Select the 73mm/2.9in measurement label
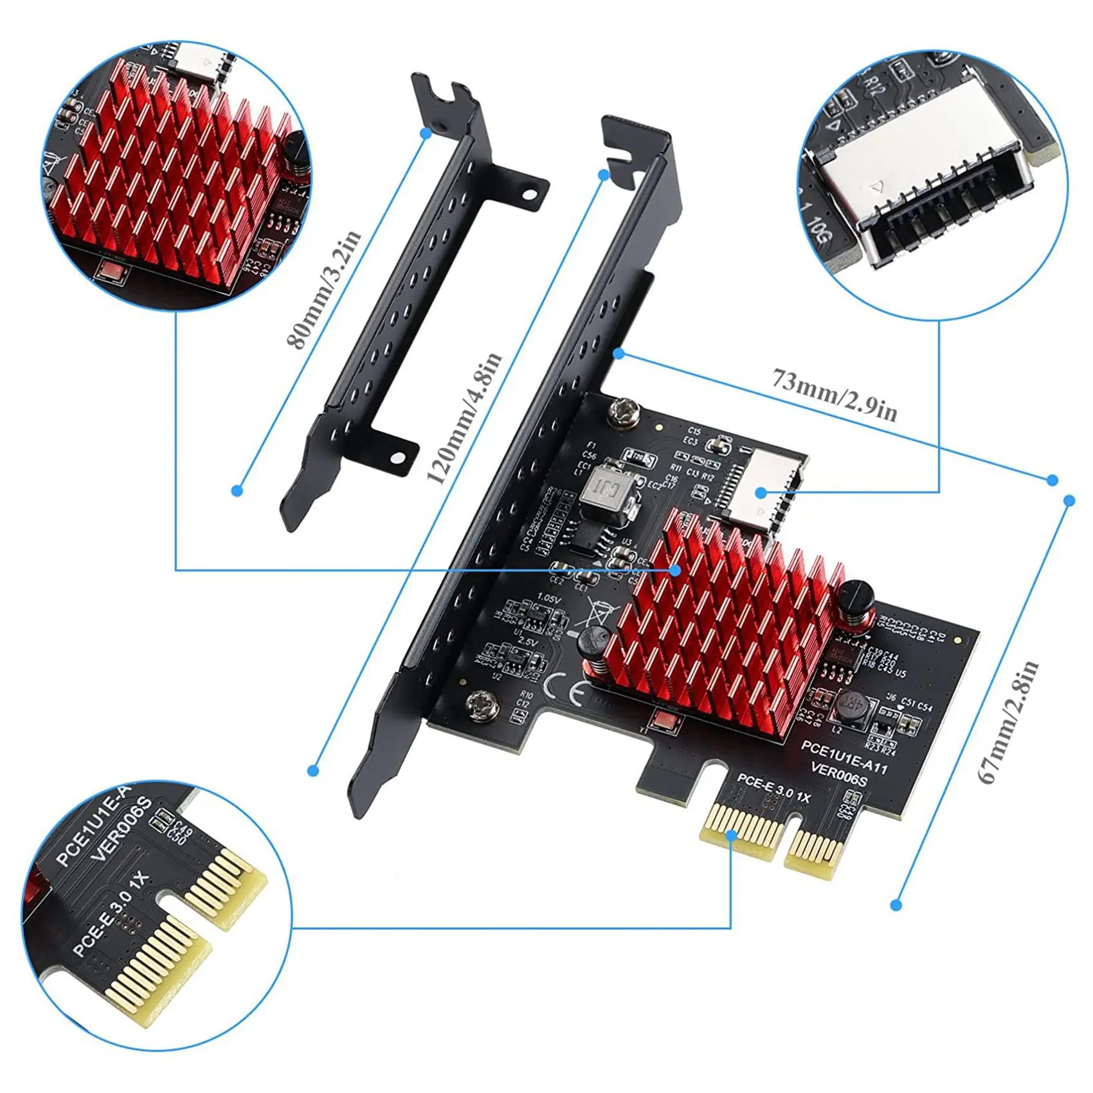coord(835,394)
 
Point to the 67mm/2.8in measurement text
coord(1007,721)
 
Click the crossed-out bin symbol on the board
coord(590,610)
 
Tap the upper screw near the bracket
coord(622,411)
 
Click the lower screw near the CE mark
coord(483,704)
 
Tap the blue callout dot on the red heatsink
coord(674,570)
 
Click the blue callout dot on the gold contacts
coord(731,835)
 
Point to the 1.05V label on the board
coord(548,598)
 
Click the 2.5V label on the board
coord(527,642)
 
